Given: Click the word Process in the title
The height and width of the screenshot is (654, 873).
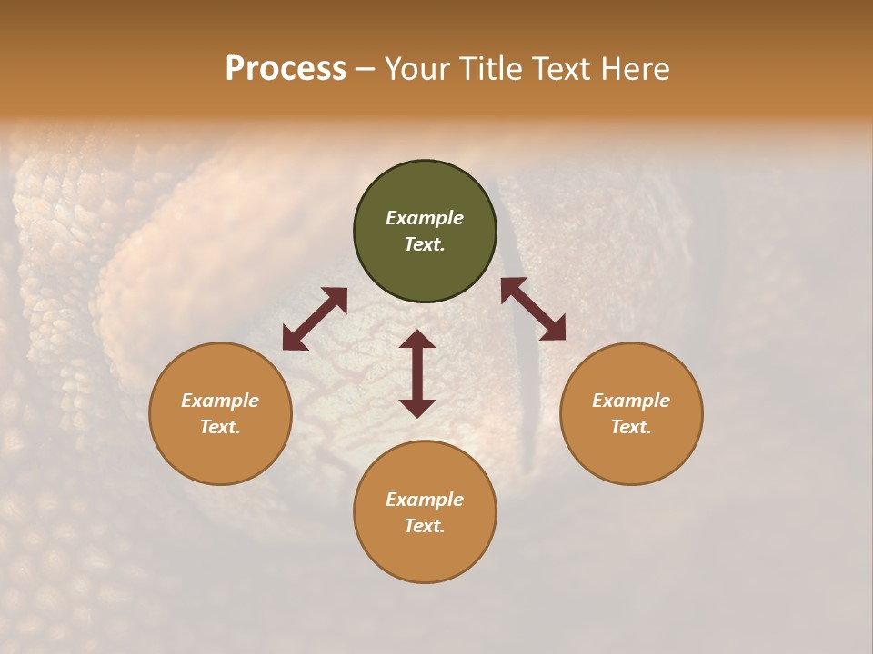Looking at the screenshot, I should pyautogui.click(x=286, y=69).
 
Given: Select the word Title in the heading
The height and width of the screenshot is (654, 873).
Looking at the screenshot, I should pyautogui.click(x=497, y=69).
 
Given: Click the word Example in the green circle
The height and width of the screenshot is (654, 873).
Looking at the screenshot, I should pyautogui.click(x=425, y=218).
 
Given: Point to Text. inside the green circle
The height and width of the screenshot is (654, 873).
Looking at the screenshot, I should pyautogui.click(x=425, y=244).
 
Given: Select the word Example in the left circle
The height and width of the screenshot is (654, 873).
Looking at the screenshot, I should pyautogui.click(x=220, y=401).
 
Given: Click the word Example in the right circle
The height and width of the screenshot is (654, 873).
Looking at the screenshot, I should pyautogui.click(x=631, y=401).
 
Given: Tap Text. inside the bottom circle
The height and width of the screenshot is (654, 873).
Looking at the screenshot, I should pyautogui.click(x=425, y=526).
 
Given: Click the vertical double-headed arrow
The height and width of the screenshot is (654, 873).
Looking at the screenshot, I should pyautogui.click(x=417, y=373).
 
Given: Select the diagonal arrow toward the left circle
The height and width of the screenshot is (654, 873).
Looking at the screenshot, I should pyautogui.click(x=315, y=319).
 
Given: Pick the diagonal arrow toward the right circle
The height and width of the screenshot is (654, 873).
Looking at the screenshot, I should pyautogui.click(x=533, y=309).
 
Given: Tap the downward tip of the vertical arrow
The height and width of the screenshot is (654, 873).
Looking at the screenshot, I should pyautogui.click(x=417, y=414).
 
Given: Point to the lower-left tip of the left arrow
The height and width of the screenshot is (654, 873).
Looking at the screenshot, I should pyautogui.click(x=286, y=346).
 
